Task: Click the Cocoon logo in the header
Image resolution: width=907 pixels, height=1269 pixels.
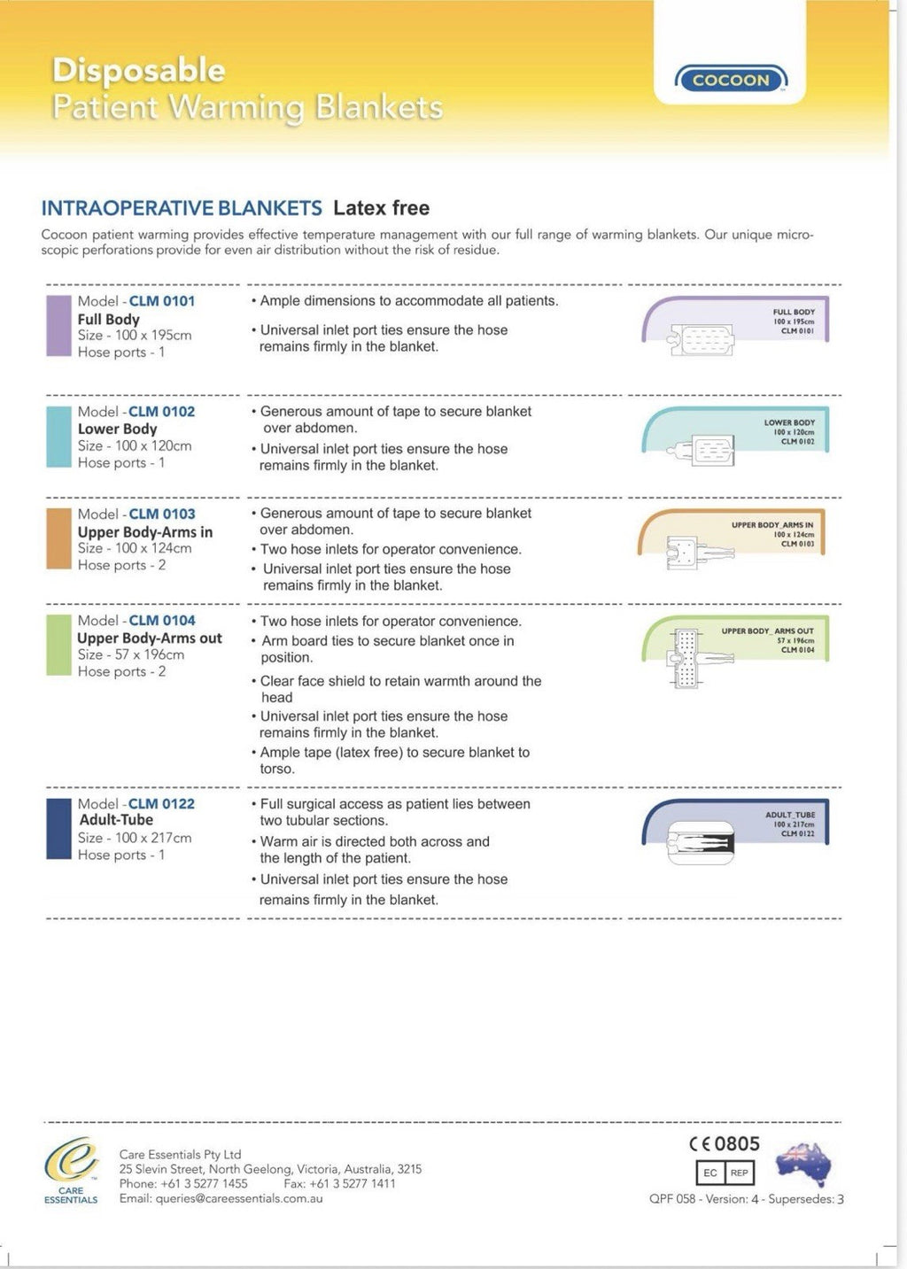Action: click(x=731, y=79)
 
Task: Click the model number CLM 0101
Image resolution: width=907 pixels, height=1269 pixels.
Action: click(x=162, y=301)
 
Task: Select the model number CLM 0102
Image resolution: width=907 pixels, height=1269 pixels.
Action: click(x=162, y=411)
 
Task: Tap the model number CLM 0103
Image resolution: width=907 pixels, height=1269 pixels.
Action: click(x=162, y=514)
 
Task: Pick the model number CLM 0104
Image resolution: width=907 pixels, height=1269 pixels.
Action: click(x=162, y=621)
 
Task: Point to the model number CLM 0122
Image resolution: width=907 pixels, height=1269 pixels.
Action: click(x=161, y=803)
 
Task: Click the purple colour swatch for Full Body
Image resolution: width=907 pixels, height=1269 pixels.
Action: click(x=59, y=326)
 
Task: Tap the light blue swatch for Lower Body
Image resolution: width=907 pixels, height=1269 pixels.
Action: click(x=59, y=437)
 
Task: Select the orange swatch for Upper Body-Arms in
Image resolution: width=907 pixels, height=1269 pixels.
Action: click(x=59, y=538)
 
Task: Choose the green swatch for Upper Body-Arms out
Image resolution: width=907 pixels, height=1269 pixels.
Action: click(x=59, y=646)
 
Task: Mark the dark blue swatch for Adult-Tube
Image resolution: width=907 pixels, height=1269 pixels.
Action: click(x=59, y=829)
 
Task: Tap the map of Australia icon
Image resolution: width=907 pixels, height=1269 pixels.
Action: click(x=804, y=1165)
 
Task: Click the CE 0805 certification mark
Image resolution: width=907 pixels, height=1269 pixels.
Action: click(x=725, y=1144)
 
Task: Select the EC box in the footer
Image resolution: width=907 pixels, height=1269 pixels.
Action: click(x=709, y=1172)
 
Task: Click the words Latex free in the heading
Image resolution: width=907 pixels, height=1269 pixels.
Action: click(x=381, y=208)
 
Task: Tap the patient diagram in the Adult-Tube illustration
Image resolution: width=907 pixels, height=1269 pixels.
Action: click(x=701, y=843)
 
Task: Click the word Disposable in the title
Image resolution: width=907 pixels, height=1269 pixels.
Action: click(x=139, y=71)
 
